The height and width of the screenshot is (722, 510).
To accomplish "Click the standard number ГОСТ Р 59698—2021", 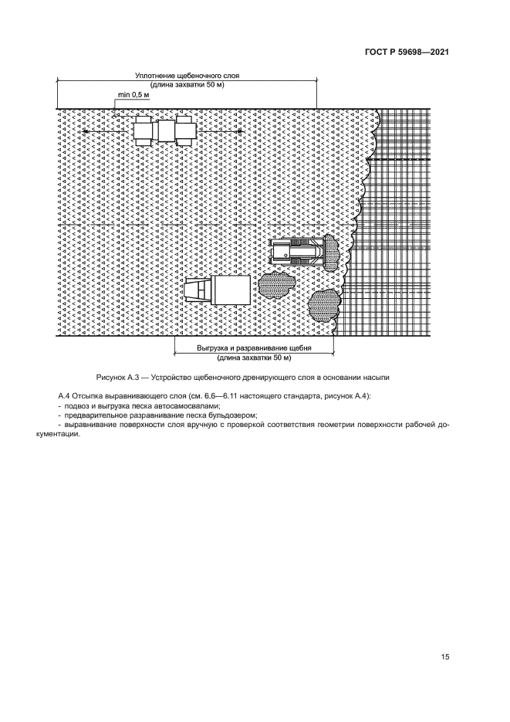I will coord(407,53).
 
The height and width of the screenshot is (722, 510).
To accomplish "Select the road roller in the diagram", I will coord(164,131).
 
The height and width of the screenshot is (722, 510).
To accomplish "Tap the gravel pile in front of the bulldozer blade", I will coord(331,252).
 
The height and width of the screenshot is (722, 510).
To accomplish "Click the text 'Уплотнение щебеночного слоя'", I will coord(187,76).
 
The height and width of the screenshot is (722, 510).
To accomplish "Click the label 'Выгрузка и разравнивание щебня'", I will coord(254,349).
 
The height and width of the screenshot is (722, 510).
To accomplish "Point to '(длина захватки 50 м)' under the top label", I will coord(187,85).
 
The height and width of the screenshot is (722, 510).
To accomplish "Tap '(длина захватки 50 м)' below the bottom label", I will coord(254,358).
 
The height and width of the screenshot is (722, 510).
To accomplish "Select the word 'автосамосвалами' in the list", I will coord(184,405).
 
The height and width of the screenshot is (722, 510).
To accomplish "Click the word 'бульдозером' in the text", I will coord(228,415).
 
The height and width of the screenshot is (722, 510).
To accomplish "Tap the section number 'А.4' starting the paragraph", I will coord(65,395).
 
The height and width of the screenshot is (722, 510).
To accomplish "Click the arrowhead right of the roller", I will coord(240,132).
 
